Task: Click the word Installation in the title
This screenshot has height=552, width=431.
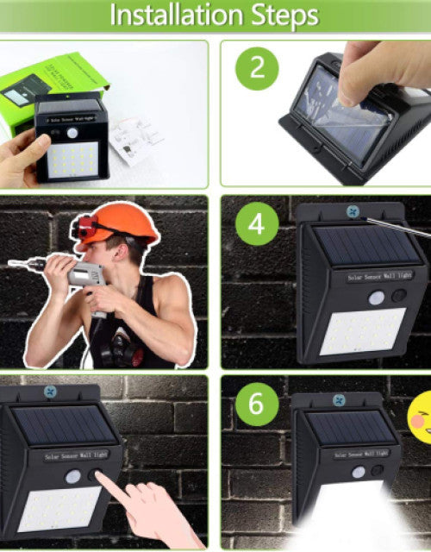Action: (177, 16)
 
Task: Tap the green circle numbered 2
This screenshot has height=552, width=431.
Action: (257, 68)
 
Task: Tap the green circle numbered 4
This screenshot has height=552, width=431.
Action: (257, 223)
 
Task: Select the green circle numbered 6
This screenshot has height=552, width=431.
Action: (257, 402)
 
